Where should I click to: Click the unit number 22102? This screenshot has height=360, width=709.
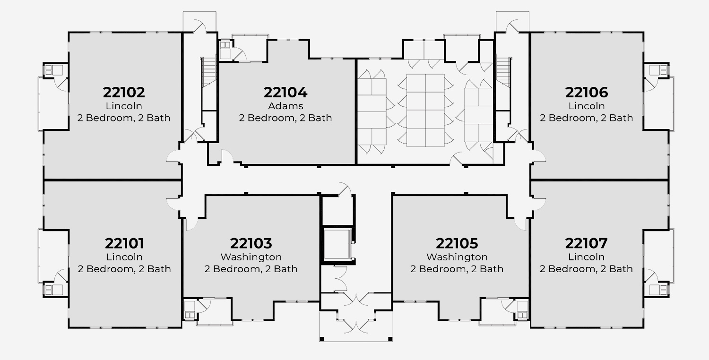click(124, 92)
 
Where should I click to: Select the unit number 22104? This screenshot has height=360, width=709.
click(285, 92)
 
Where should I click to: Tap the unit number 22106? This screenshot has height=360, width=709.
click(587, 92)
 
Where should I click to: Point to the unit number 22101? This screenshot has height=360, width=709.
click(124, 243)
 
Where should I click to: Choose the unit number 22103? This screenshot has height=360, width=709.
click(251, 243)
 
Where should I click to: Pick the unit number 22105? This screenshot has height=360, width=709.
click(457, 243)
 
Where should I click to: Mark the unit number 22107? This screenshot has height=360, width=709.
click(587, 243)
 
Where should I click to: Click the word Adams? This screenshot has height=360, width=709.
click(285, 106)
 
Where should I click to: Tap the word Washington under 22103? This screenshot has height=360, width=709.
click(251, 257)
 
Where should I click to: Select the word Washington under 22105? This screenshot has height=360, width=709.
click(457, 257)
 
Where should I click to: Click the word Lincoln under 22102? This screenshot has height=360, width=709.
click(124, 106)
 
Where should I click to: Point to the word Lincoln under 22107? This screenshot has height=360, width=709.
click(587, 257)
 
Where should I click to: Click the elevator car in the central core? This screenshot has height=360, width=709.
click(337, 244)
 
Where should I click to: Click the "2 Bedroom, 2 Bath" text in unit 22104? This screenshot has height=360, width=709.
click(285, 118)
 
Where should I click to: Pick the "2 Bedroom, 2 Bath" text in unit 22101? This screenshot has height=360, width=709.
click(124, 269)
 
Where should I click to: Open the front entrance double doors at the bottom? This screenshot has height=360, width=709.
click(356, 326)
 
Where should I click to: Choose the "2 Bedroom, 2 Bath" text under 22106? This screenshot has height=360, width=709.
click(587, 118)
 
